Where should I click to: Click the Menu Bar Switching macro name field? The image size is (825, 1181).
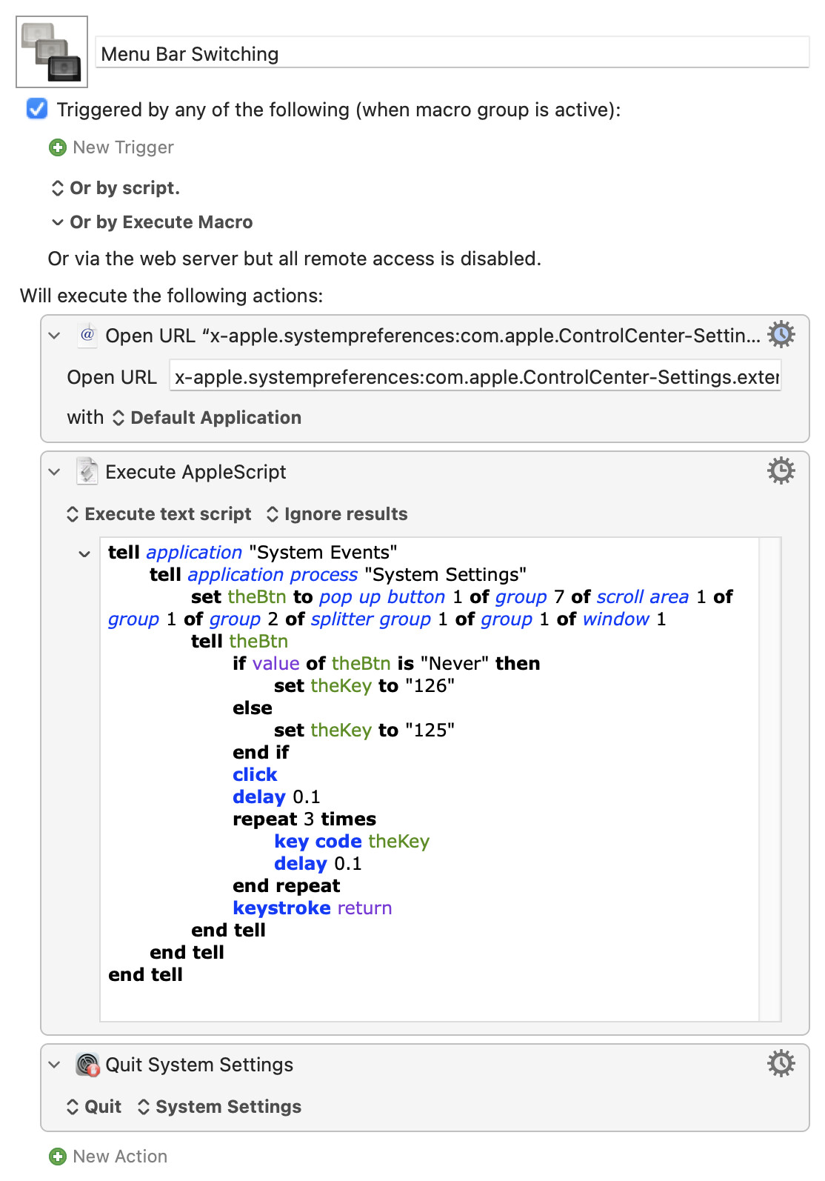[452, 53]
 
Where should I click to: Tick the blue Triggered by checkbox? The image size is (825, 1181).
[37, 109]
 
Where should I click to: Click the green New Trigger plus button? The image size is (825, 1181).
[58, 147]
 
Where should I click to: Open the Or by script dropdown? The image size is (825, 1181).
[116, 187]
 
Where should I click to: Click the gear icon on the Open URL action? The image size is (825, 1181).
[781, 334]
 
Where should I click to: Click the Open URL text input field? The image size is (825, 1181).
[475, 377]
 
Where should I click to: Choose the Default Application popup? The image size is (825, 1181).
[207, 418]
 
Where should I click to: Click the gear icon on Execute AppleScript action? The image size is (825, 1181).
[781, 470]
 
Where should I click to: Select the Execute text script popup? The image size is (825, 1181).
[159, 514]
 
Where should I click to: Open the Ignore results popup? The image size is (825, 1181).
[338, 514]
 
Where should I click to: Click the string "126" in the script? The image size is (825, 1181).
[430, 685]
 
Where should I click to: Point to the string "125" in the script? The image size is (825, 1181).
[430, 730]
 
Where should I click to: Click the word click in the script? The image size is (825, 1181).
[255, 774]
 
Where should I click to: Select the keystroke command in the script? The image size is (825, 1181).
[281, 908]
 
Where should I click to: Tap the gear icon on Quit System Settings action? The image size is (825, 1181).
[781, 1063]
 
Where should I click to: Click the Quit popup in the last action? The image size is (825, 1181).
[94, 1106]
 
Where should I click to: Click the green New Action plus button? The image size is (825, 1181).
[58, 1157]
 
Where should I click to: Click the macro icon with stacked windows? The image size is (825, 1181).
[52, 52]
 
